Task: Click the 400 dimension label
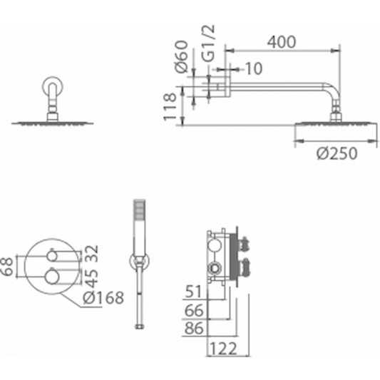282,42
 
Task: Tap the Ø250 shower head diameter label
337,153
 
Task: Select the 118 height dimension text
170,107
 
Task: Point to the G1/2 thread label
208,43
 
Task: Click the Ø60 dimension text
181,57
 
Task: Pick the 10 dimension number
254,68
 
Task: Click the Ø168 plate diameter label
103,297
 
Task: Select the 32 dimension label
92,254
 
